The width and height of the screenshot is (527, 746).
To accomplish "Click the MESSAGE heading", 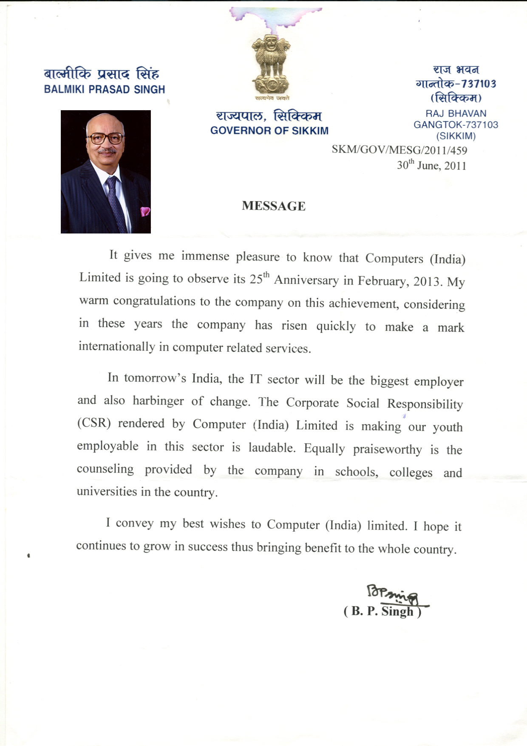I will click(273, 206).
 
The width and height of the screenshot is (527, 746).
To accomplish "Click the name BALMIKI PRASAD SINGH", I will click(105, 90).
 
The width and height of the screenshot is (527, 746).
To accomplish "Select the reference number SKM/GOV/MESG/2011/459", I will click(399, 150).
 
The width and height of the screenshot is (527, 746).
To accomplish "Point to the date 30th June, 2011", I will click(431, 165).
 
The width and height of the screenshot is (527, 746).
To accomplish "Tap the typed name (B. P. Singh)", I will click(382, 612).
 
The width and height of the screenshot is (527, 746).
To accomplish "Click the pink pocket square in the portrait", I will click(145, 211).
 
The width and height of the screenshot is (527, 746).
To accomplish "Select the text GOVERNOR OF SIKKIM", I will click(269, 131).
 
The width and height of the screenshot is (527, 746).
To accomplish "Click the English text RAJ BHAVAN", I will click(456, 114).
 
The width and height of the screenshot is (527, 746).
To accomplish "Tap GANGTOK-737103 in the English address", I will click(456, 125).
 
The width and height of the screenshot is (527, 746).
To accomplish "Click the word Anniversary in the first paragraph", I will click(306, 280).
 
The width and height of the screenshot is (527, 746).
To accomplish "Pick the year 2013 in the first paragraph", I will click(428, 282).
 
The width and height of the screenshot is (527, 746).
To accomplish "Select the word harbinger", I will click(158, 401).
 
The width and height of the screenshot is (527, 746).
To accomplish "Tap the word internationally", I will click(117, 346).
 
